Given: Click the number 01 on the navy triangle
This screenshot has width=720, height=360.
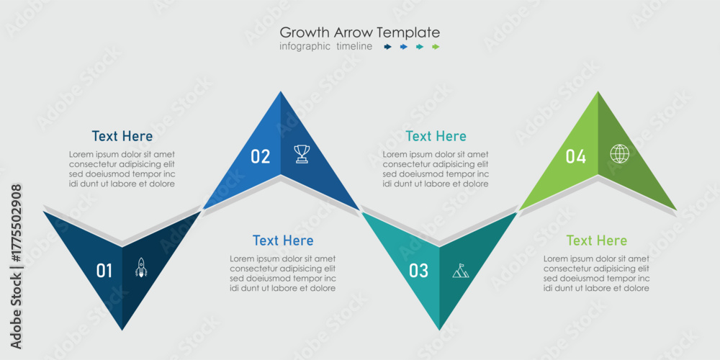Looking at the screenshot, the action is pyautogui.click(x=104, y=271).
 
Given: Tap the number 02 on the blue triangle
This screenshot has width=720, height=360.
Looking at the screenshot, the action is pyautogui.click(x=261, y=157).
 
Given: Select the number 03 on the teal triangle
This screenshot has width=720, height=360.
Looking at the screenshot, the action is pyautogui.click(x=418, y=271).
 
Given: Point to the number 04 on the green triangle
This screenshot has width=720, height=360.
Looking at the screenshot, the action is pyautogui.click(x=576, y=157).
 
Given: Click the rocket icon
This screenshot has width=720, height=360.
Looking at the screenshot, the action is pyautogui.click(x=141, y=267).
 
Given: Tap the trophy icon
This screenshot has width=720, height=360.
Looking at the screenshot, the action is pyautogui.click(x=302, y=154).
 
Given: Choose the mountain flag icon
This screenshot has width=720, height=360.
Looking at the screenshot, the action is pyautogui.click(x=461, y=271).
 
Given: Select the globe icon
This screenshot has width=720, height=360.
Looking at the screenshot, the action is pyautogui.click(x=619, y=153).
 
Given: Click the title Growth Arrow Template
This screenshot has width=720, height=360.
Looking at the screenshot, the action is pyautogui.click(x=359, y=32).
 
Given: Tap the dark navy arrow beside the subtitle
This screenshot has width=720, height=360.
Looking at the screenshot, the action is pyautogui.click(x=387, y=46).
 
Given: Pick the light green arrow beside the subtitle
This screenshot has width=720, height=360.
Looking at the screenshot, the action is pyautogui.click(x=436, y=46).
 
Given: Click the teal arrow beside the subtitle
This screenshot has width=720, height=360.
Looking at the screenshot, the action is pyautogui.click(x=420, y=46).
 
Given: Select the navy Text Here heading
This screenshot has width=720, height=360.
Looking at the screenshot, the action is pyautogui.click(x=122, y=136).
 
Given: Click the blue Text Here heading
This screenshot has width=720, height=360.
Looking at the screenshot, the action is pyautogui.click(x=283, y=240).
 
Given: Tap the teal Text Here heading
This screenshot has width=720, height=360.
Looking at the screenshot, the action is pyautogui.click(x=436, y=136).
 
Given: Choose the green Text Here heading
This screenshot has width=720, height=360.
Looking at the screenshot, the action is pyautogui.click(x=596, y=240).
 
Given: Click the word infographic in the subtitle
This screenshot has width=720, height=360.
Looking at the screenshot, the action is pyautogui.click(x=305, y=46).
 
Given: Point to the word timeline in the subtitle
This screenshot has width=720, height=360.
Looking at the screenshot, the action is pyautogui.click(x=354, y=46).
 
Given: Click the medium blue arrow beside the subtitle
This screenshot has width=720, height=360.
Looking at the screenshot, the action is pyautogui.click(x=404, y=46).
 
